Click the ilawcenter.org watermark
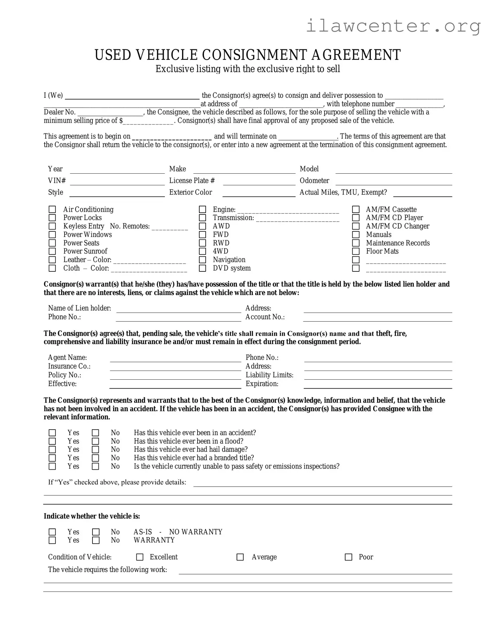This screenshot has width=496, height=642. pos(393,26)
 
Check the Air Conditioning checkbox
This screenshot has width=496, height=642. pos(52,210)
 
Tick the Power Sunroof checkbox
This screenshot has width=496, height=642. pos(52,251)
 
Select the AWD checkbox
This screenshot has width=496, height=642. pos(202,226)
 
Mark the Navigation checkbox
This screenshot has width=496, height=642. pos(202,260)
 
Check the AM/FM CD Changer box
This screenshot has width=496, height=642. pos(356,226)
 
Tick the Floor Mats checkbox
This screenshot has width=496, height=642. pos(356,251)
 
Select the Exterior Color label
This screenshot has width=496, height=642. pos(191,192)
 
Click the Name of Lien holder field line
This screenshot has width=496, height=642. pos(179,309)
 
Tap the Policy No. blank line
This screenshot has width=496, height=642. pos(175,376)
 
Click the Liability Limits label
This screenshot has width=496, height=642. pos(269,375)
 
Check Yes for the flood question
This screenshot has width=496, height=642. pos(52,441)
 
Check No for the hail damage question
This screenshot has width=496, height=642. pos(95,450)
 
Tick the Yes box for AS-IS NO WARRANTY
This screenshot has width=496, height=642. pos(52,532)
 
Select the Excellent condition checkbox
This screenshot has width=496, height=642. pos(140,557)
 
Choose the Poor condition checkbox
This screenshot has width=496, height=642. pos(348,557)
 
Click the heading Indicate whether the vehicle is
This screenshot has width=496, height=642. pos(92,516)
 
